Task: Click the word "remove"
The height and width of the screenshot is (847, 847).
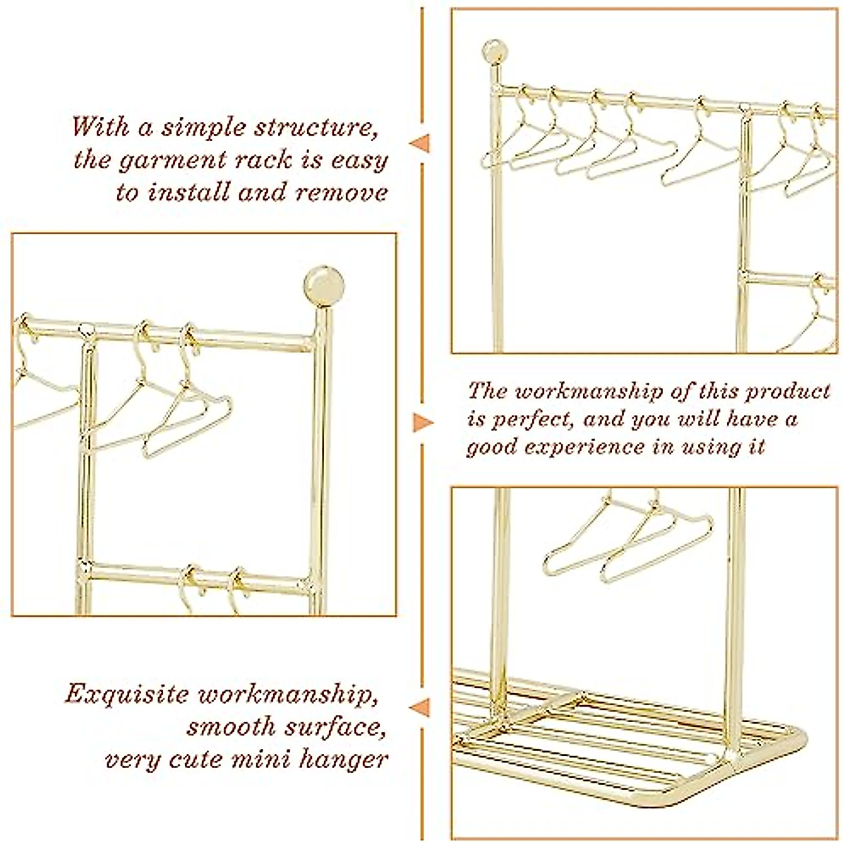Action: tap(342, 193)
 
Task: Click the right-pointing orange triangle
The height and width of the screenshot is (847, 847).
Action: tap(422, 422)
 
